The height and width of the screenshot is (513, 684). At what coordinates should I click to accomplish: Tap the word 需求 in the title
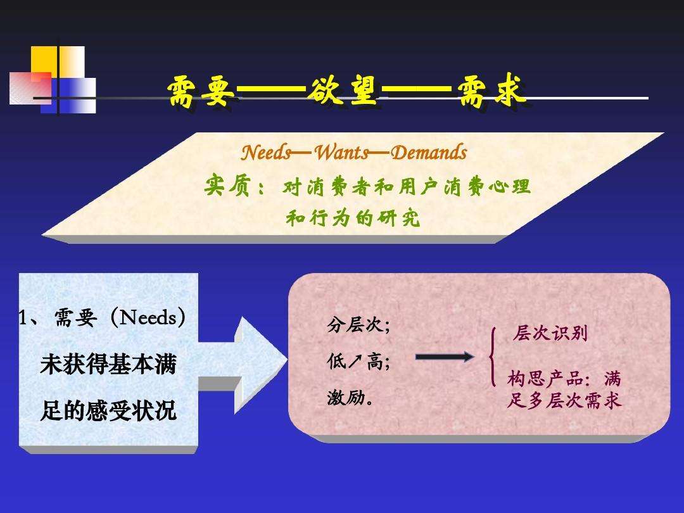click(x=491, y=91)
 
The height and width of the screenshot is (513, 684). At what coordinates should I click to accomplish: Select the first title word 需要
click(x=201, y=91)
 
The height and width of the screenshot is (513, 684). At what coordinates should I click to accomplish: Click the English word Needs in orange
click(x=266, y=152)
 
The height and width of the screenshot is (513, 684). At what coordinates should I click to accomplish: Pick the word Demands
click(x=429, y=152)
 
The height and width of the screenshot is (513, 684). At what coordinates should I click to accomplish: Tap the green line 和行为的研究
click(x=353, y=217)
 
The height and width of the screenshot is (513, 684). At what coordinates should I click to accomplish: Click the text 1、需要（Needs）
click(x=103, y=317)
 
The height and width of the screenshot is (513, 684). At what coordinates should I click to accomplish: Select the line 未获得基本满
click(x=108, y=364)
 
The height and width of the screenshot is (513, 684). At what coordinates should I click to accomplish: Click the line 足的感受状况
click(x=108, y=410)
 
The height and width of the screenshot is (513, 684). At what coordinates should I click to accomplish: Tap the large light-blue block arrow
click(x=243, y=365)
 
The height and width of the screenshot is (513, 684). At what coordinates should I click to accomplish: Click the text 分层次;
click(x=358, y=325)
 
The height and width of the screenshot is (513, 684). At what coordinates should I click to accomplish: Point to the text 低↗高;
click(x=358, y=362)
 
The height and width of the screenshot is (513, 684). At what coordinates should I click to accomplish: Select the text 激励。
click(x=350, y=398)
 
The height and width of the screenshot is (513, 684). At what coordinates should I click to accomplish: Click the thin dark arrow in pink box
click(x=444, y=357)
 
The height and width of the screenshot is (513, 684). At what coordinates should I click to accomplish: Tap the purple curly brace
click(x=493, y=357)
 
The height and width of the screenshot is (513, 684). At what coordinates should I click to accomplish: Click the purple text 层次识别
click(x=550, y=333)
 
